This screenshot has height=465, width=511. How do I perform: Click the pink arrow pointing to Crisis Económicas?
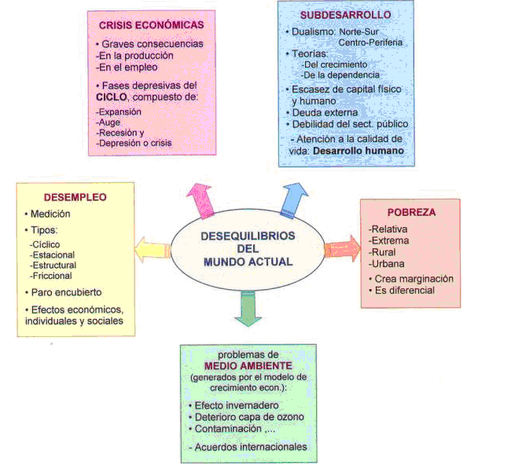tap(201, 201)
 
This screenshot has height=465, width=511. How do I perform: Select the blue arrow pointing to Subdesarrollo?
tap(293, 200)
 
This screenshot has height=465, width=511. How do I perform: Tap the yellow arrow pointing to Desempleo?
tap(153, 250)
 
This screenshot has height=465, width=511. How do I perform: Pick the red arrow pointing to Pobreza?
tap(343, 248)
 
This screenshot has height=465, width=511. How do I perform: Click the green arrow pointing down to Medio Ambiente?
tap(248, 309)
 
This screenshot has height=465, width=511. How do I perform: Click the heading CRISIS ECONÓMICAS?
tap(152, 25)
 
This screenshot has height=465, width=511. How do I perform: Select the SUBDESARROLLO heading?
tap(346, 15)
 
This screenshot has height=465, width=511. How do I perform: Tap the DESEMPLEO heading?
tap(75, 197)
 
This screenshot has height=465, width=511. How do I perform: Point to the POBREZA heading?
tap(412, 212)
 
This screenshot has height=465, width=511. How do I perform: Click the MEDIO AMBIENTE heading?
tap(248, 366)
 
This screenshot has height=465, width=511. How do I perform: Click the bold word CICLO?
tap(112, 97)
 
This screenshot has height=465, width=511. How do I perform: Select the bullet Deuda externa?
tap(322, 112)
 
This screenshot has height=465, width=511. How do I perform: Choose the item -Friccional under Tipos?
tap(51, 276)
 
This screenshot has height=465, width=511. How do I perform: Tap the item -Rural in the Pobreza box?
tap(382, 252)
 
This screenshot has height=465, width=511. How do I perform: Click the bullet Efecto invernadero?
tap(234, 405)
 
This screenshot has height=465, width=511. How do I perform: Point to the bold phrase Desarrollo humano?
tap(358, 151)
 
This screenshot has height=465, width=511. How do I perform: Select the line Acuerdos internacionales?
tap(248, 447)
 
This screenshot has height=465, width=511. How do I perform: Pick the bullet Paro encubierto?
tap(63, 292)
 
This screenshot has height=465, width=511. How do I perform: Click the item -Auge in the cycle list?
tap(108, 123)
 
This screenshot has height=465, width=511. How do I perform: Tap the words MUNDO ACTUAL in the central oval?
tap(248, 262)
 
